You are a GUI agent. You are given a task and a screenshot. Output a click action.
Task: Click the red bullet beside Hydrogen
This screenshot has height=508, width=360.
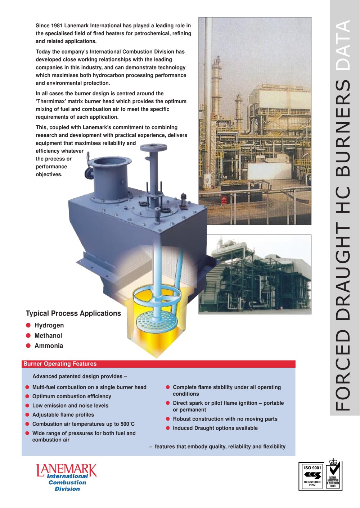(x=28, y=325)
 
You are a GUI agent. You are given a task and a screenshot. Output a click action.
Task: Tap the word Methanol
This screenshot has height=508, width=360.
(x=48, y=335)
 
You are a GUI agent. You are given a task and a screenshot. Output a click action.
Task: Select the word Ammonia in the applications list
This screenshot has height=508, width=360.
(x=49, y=346)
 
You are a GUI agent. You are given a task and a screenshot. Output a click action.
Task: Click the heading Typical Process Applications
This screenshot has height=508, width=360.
(x=73, y=313)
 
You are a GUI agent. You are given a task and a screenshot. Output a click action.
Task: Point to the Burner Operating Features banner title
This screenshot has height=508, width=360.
(x=60, y=364)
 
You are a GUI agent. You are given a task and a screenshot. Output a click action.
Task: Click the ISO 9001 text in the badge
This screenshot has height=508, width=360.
(x=312, y=468)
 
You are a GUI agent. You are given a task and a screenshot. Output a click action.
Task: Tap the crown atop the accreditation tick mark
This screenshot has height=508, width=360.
(x=333, y=462)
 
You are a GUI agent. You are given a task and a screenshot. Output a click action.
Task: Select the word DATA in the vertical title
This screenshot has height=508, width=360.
(x=343, y=45)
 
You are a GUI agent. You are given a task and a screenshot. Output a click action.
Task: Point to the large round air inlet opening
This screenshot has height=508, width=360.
(x=109, y=163)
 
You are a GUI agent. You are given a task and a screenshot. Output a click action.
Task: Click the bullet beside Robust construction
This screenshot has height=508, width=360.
(x=168, y=419)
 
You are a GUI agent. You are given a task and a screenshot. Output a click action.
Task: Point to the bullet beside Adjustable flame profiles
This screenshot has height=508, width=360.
(x=27, y=414)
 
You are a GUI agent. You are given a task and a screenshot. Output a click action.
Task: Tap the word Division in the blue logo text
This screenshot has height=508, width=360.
(x=67, y=489)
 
